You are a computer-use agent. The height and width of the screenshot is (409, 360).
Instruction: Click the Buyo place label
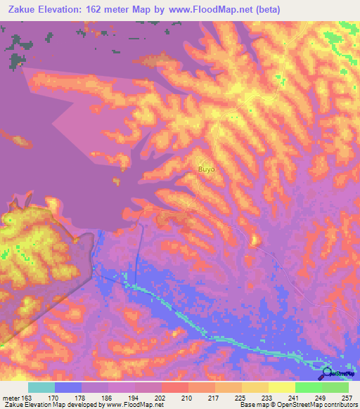(x=206, y=169)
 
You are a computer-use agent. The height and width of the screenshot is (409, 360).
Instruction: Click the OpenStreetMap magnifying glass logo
(x=327, y=374)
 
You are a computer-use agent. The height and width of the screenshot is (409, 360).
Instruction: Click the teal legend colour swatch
(x=41, y=387)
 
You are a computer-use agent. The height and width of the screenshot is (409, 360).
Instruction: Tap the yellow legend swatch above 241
(x=281, y=387)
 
